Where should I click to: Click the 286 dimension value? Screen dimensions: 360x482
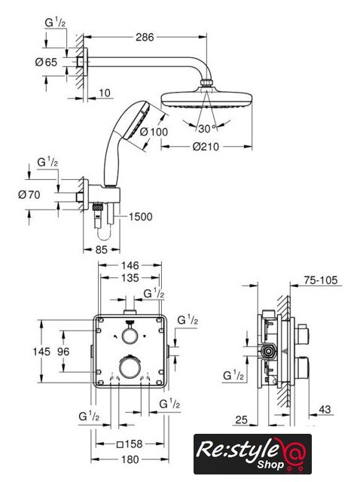pos(145,37)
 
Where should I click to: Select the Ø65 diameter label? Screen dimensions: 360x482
pos(46,63)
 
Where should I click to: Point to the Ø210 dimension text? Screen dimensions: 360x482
pos(206,147)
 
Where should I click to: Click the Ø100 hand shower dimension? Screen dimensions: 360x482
pos(154,132)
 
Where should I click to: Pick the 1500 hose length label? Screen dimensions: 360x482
pos(140,217)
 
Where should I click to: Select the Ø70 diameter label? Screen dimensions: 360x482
pos(29,194)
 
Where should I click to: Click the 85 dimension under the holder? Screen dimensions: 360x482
pos(102,249)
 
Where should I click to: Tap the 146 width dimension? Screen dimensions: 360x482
pos(130,265)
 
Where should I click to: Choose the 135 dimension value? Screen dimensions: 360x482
pos(130,278)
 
